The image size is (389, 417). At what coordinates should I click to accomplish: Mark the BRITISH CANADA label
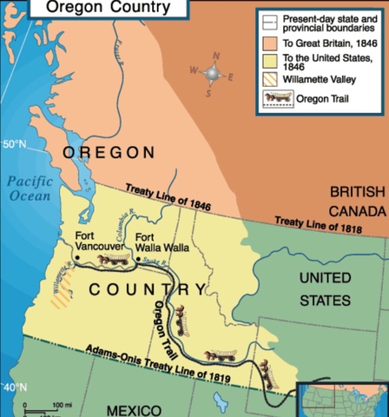click(x=357, y=201)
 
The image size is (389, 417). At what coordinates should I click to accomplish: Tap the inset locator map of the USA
click(x=345, y=400)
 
